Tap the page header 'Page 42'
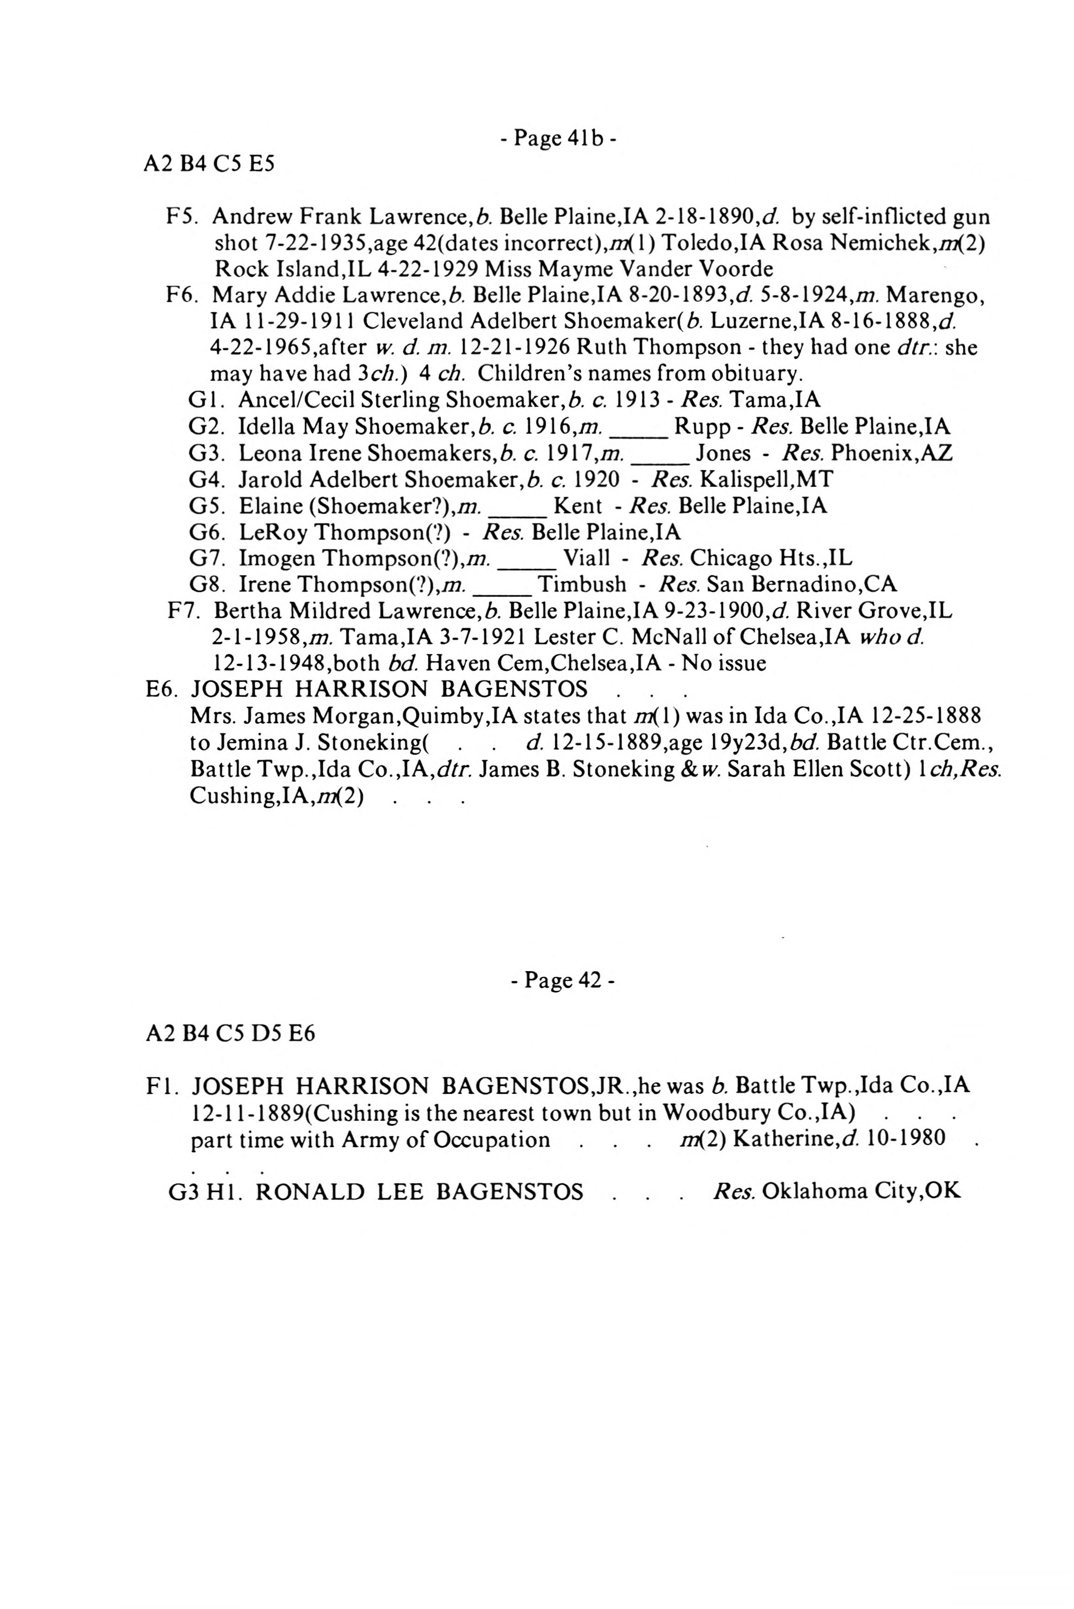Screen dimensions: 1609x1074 [x=562, y=980]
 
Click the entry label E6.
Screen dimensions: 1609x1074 [x=162, y=688]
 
